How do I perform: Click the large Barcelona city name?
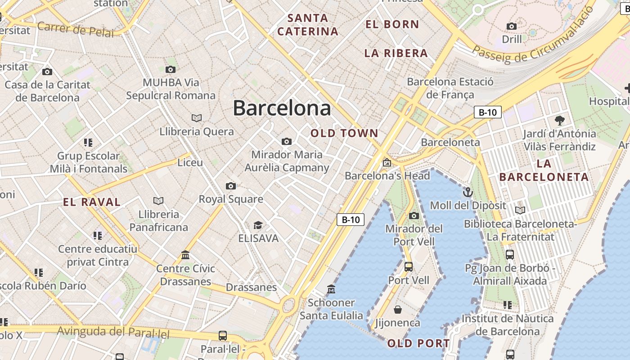point(282,108)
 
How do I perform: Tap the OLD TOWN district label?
point(344,133)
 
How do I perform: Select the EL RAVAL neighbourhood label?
point(92,202)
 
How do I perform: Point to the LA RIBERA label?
point(396,53)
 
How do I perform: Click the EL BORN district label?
point(392,24)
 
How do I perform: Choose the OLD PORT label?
point(418,344)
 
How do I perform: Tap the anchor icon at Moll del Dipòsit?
point(468,193)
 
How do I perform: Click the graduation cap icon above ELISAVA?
point(258,225)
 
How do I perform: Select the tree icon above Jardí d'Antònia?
point(559,120)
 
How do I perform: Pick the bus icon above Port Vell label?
point(409,267)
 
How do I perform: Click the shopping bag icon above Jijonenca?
point(398,310)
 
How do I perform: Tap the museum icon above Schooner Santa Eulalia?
point(331,289)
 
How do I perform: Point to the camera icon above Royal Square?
point(230,186)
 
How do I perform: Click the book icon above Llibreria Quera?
point(196,118)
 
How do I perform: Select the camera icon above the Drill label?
point(512,26)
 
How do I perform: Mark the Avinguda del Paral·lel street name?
point(113,333)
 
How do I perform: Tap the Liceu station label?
point(190,162)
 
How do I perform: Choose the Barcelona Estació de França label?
point(450,88)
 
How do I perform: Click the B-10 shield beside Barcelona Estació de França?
point(487,112)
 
